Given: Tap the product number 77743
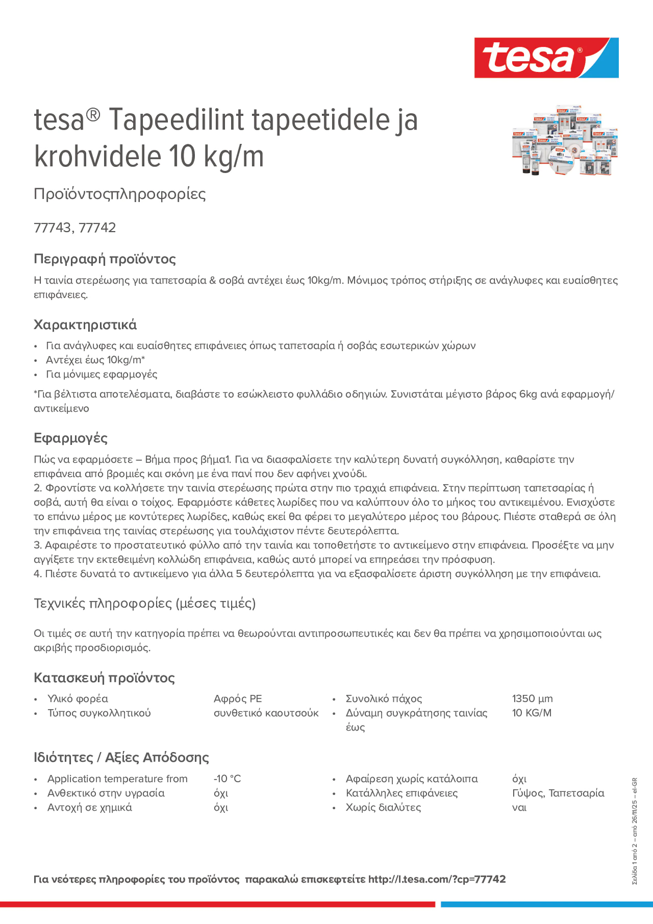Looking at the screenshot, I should click(52, 228).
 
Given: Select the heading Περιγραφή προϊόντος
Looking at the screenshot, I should click(105, 259).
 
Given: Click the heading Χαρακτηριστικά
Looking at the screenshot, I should click(85, 324).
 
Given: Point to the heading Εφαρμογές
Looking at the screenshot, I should click(71, 438).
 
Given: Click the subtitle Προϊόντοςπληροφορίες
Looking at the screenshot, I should click(120, 194).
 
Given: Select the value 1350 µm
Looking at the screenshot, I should click(532, 699).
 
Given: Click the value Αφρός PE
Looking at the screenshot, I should click(237, 699).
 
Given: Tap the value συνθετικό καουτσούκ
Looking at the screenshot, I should click(266, 713).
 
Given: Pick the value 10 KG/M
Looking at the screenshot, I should click(532, 713).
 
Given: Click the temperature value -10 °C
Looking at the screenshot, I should click(227, 779).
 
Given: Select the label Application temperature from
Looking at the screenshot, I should click(117, 779).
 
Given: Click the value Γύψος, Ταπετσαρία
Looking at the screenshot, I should click(558, 793).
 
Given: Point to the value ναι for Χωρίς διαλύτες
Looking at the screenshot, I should click(519, 808).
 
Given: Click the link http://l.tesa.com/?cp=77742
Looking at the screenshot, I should click(437, 879).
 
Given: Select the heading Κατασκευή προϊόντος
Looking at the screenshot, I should click(104, 678).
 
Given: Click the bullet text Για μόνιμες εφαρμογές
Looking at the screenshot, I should click(101, 374).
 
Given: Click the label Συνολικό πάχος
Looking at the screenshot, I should click(384, 699).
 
